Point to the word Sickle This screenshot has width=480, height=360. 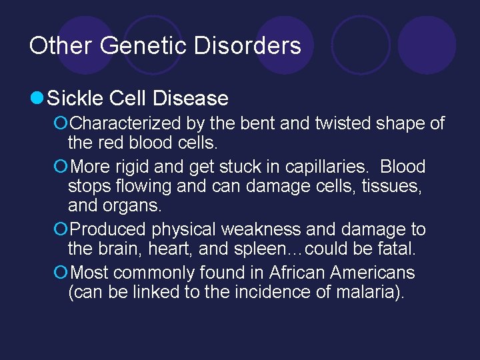75,99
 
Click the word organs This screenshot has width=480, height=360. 135,205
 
